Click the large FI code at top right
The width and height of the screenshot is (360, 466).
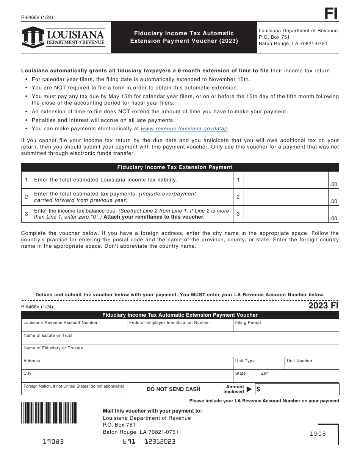click(331, 14)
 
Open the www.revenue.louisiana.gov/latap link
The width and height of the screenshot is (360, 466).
click(185, 128)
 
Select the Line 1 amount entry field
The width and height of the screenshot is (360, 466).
click(286, 180)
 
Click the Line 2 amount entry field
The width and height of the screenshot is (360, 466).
click(286, 197)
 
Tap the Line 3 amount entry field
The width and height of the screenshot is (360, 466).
click(286, 214)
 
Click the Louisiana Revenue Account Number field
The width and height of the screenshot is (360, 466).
click(74, 326)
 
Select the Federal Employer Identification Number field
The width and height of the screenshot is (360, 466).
click(180, 326)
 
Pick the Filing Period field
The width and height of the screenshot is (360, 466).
click(286, 326)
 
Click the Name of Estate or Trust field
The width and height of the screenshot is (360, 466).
click(180, 338)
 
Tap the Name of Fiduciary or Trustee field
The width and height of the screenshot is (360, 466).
click(180, 351)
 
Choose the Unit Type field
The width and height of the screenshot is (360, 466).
click(258, 364)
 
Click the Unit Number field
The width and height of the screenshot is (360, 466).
click(312, 364)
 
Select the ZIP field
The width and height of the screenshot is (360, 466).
click(299, 376)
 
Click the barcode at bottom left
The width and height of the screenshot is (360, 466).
click(49, 413)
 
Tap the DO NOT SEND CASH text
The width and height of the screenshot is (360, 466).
click(174, 389)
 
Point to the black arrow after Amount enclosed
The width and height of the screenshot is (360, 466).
click(249, 389)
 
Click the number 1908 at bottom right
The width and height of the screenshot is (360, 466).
click(318, 434)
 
